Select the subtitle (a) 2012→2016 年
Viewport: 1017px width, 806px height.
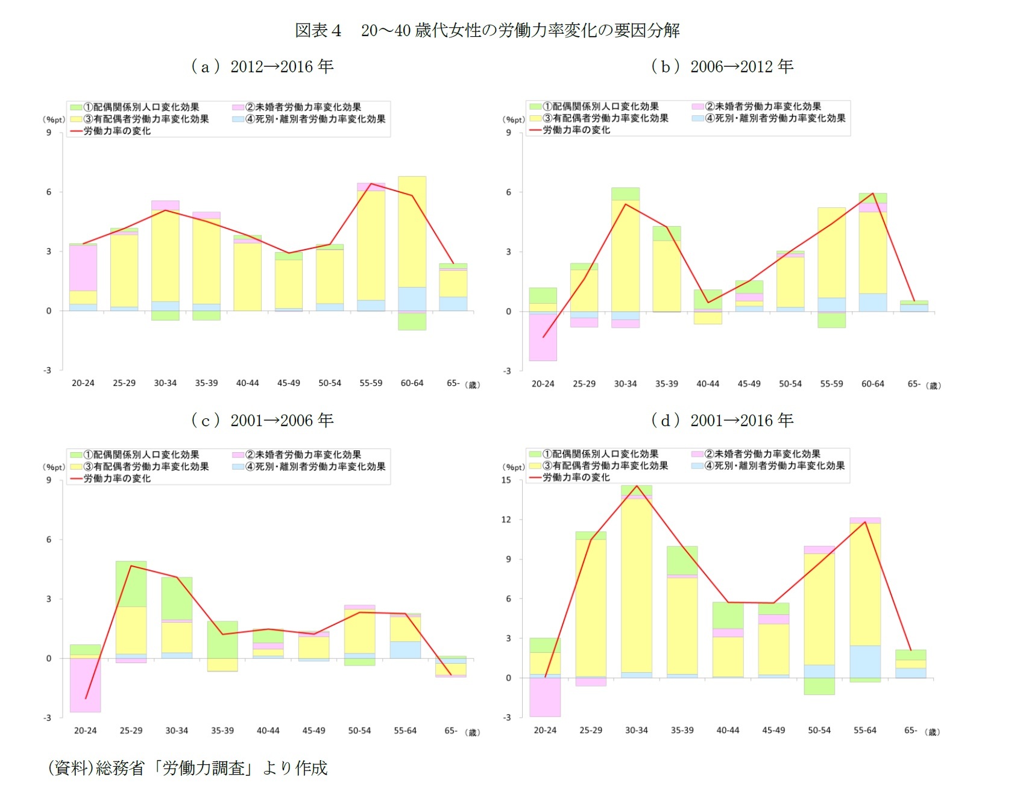262,66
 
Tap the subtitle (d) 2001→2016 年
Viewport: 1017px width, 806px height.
722,420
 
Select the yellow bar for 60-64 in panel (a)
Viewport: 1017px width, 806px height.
412,232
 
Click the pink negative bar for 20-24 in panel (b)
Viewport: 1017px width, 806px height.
543,337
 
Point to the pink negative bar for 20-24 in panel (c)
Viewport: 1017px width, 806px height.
85,685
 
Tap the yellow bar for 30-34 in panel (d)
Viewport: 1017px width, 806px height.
637,585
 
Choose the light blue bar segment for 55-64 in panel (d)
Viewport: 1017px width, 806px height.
865,661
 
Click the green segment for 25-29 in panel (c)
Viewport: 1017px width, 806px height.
131,584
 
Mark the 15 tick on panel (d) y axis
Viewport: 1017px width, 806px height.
506,480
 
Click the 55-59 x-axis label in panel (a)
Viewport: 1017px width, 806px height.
371,383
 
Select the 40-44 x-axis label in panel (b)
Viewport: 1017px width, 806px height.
708,383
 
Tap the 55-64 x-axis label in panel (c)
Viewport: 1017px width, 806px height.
405,731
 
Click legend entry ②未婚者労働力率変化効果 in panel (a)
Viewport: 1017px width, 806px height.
303,107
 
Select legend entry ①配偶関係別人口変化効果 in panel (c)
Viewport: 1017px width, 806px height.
141,455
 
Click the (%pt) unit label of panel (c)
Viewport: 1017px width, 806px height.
54,467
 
